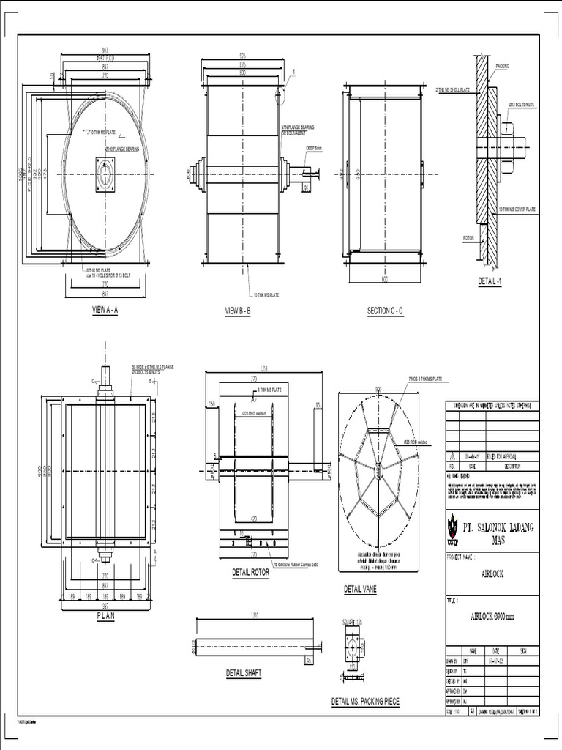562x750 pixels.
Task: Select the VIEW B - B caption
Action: [x=237, y=311]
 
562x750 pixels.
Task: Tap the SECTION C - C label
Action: [x=385, y=311]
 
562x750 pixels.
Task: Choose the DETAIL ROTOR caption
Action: [x=250, y=573]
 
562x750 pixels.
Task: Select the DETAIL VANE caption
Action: [x=360, y=589]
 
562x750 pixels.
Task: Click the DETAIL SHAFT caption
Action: [x=243, y=672]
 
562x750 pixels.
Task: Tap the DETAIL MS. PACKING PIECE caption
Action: [x=365, y=702]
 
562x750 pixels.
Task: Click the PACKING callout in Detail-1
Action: [x=502, y=66]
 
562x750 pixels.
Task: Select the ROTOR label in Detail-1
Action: [x=468, y=238]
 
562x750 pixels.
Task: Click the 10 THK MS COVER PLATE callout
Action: [x=517, y=209]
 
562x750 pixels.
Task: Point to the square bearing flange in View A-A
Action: [x=106, y=174]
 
